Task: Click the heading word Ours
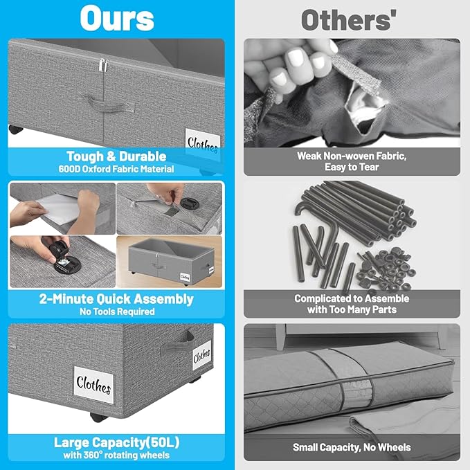coord(117,18)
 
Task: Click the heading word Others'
coord(349,20)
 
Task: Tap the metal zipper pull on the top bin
coord(103,65)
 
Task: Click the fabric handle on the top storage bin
coord(109,103)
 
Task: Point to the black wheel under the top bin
coord(16,129)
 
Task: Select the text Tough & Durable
coord(116,156)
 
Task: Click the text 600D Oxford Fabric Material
coord(116,169)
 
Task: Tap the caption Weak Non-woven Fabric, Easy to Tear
coord(352,161)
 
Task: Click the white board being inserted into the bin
coord(58,209)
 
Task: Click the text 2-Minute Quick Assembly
coord(116,299)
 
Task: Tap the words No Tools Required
coord(117,311)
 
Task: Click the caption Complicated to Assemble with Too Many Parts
coord(352,304)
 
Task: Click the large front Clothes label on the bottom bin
coord(94,385)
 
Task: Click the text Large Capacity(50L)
coord(116,442)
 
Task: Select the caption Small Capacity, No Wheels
coord(352,448)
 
